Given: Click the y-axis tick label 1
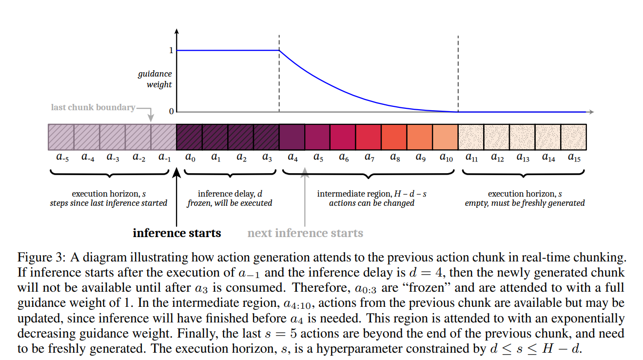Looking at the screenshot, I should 171,50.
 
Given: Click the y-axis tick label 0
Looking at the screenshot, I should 171,112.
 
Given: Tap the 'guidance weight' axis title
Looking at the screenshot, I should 155,79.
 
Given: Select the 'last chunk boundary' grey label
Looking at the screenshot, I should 93,107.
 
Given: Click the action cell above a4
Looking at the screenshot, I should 292,137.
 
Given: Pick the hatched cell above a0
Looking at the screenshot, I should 189,137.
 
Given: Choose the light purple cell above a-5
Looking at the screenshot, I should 61,137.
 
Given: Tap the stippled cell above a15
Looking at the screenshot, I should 573,137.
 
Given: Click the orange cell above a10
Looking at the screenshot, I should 445,137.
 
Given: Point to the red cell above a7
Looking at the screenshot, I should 369,137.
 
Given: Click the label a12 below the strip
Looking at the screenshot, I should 497,158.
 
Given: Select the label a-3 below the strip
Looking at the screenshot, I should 113,158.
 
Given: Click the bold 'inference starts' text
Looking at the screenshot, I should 177,233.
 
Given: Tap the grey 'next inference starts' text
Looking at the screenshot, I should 305,233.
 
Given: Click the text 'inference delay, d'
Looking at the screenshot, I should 229,194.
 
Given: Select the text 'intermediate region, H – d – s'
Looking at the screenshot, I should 372,194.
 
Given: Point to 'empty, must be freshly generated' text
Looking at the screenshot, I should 525,203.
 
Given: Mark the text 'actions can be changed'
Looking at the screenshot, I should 371,203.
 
